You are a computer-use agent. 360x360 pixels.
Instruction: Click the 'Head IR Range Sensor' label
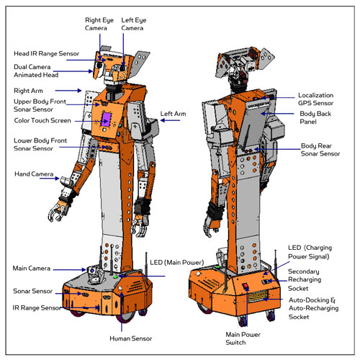(46, 53)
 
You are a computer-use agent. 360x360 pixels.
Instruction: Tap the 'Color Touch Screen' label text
(42, 120)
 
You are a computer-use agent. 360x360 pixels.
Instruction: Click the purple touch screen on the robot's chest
(106, 119)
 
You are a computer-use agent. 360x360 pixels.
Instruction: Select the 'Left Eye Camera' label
(134, 24)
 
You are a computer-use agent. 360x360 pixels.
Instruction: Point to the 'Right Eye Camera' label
(99, 24)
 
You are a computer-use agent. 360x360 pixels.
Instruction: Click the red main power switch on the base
(246, 286)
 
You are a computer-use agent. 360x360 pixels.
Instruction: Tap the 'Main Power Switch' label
(243, 338)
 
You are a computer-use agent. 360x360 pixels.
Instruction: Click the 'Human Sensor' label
(130, 338)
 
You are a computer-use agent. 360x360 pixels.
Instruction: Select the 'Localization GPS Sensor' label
(315, 99)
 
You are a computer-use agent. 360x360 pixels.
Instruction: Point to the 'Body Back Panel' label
(315, 117)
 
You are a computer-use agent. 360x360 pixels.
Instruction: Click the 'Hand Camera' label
(34, 174)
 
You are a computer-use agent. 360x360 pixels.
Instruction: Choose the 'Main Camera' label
(32, 269)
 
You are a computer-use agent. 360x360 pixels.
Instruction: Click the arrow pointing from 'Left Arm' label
(170, 120)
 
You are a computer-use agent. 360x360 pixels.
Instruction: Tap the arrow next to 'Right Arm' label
(68, 91)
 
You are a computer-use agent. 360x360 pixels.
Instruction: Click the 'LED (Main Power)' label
(177, 263)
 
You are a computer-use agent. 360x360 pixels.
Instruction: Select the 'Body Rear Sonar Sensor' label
(320, 150)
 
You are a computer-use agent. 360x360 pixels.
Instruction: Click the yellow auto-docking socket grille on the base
(258, 297)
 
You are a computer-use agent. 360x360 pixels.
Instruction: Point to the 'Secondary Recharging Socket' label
(305, 280)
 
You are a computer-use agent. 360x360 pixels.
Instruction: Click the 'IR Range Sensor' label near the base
(37, 307)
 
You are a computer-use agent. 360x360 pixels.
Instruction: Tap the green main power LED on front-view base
(115, 277)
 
